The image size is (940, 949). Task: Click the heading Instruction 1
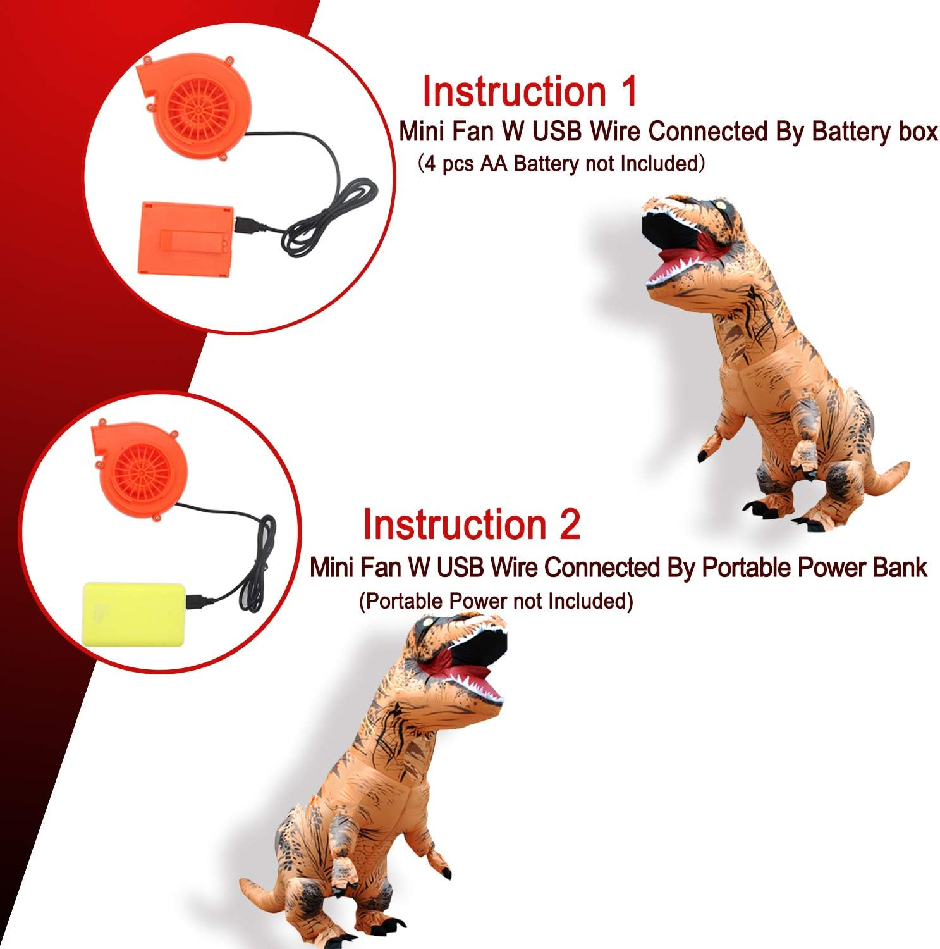(530, 91)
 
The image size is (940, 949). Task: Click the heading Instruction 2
(471, 524)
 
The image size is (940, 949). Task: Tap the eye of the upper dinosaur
(720, 206)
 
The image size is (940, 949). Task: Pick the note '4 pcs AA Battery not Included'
(561, 164)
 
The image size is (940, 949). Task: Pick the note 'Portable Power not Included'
(496, 600)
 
